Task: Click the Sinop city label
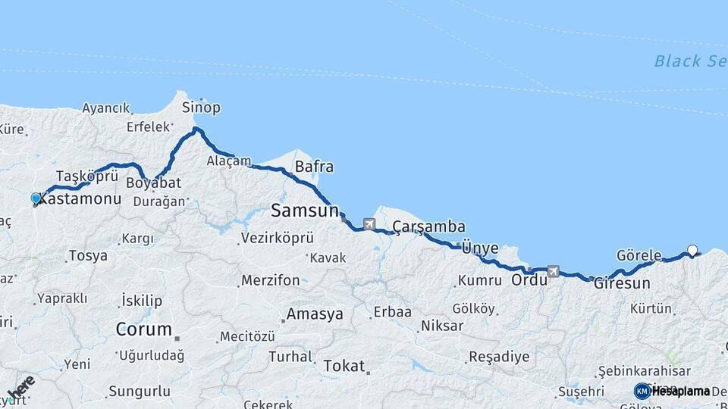pos(201,108)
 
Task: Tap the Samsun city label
pos(304,210)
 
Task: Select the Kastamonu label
pos(80,199)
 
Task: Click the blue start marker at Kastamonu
pos(36,198)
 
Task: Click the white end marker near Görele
pos(692,250)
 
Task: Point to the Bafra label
pos(314,166)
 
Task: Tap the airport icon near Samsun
pos(369,224)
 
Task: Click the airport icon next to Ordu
pos(553,271)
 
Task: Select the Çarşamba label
pos(428,226)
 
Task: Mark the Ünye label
pos(480,248)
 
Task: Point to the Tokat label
pos(344,366)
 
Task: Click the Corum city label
pos(143,329)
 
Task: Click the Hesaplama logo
pos(672,391)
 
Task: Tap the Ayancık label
pos(106,108)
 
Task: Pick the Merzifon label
pos(270,280)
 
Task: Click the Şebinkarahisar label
pos(644,371)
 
